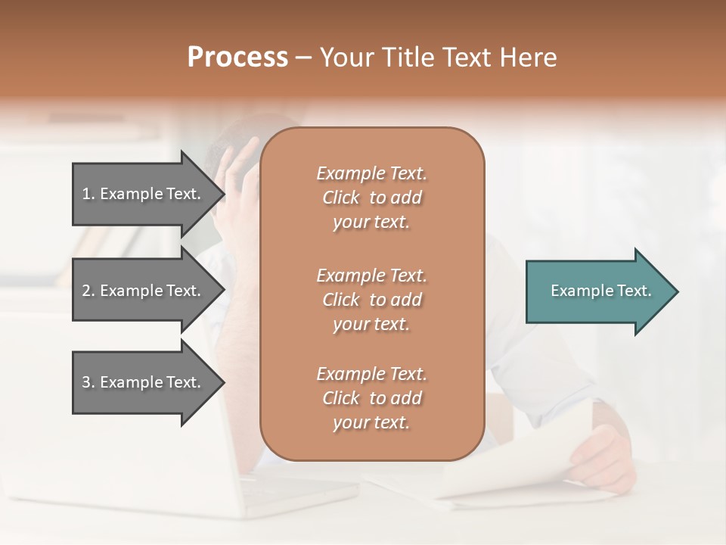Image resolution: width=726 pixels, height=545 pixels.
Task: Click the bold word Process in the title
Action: (237, 58)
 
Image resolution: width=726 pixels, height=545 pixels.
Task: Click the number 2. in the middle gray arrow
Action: (88, 291)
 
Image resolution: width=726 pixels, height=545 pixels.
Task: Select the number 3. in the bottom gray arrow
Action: (88, 382)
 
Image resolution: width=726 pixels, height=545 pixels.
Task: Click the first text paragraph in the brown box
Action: (371, 198)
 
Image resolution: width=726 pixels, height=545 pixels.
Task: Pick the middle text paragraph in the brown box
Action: (371, 300)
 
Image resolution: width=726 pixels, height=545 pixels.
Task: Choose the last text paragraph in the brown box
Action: (371, 398)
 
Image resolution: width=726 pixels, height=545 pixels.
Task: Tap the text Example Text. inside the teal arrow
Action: (601, 291)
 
